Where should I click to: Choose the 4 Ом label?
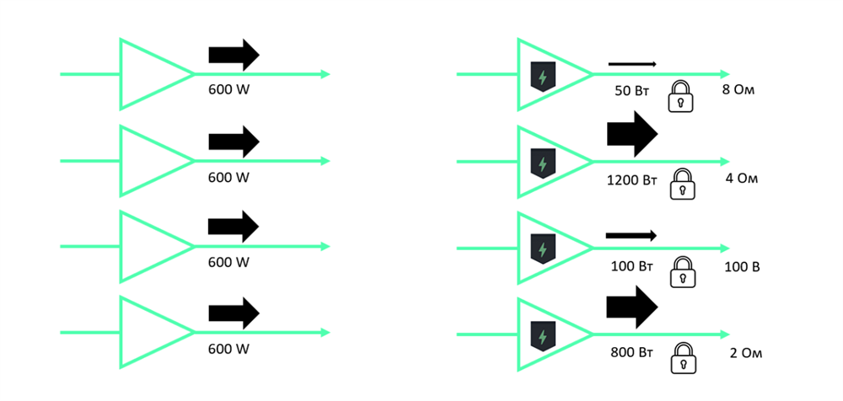tap(742, 179)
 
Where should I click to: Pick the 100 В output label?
tap(742, 267)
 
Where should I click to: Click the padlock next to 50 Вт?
tap(681, 97)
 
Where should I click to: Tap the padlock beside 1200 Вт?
tap(681, 184)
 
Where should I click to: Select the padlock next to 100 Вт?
tap(681, 272)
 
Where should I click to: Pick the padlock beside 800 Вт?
tap(681, 359)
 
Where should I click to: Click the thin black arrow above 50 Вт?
tap(632, 62)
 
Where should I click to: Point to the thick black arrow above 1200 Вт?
tap(631, 135)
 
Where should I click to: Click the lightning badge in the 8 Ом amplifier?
tap(540, 77)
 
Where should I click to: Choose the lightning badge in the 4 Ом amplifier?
tap(540, 163)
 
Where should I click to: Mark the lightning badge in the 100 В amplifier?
tap(540, 249)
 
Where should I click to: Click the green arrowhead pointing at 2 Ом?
tap(724, 334)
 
